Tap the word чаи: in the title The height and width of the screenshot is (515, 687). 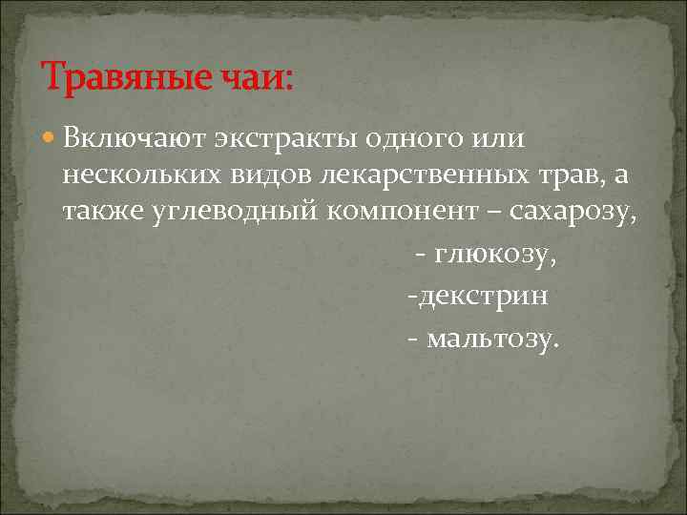[x=257, y=75]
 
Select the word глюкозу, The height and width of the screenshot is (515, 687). [x=495, y=256]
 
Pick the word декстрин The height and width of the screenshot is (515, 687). [x=481, y=297]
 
